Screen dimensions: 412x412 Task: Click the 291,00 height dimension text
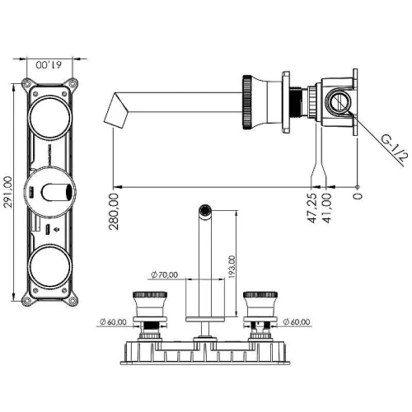7,192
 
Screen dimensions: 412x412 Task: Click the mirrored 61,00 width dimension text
49,65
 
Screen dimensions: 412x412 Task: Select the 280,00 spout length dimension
114,212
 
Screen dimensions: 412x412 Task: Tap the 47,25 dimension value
311,208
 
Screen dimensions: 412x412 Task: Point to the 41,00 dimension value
326,208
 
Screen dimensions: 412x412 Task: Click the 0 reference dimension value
358,196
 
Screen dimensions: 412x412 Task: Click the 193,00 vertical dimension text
232,267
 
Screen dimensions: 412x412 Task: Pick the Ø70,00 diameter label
165,274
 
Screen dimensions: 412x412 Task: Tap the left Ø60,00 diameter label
113,322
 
